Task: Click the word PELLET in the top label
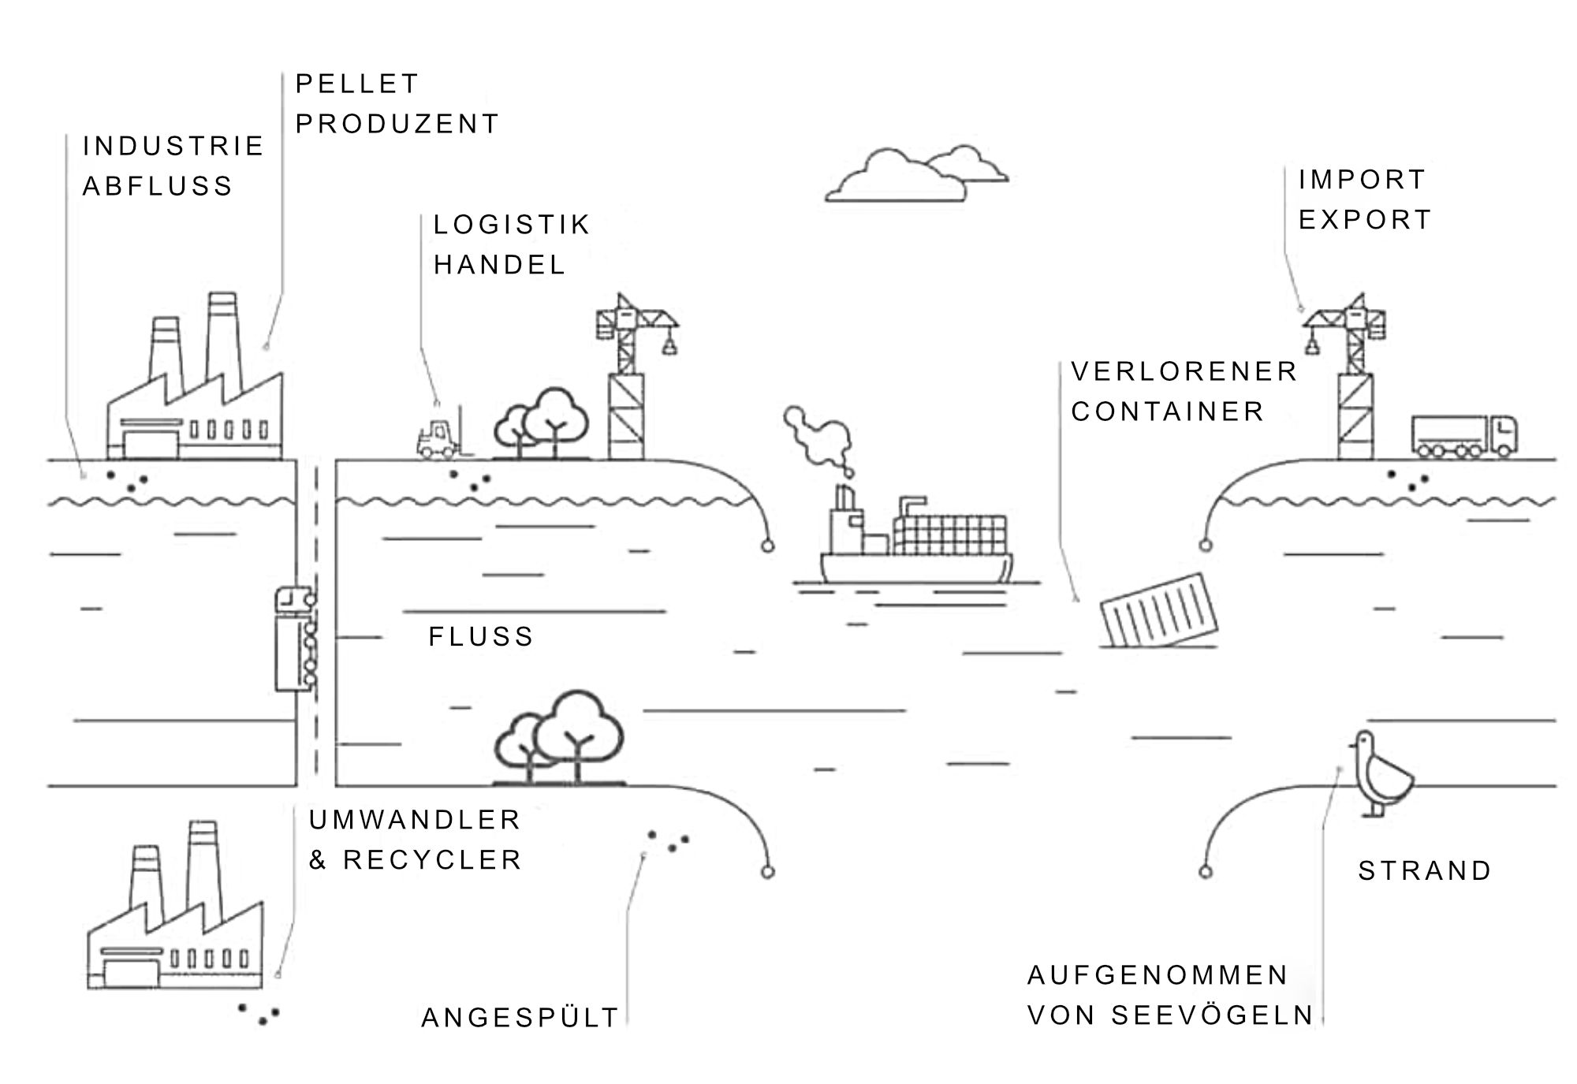pos(356,84)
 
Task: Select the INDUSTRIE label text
pos(173,146)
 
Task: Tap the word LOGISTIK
pos(512,225)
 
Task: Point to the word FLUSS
pos(481,636)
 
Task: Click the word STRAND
pos(1425,870)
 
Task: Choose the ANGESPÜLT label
pos(520,1018)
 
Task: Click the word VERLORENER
pos(1184,371)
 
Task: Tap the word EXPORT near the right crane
pos(1365,219)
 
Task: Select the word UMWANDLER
pos(415,820)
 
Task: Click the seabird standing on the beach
pos(1381,772)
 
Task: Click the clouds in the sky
pos(916,175)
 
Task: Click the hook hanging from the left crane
pos(669,344)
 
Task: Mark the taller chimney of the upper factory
pos(222,339)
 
